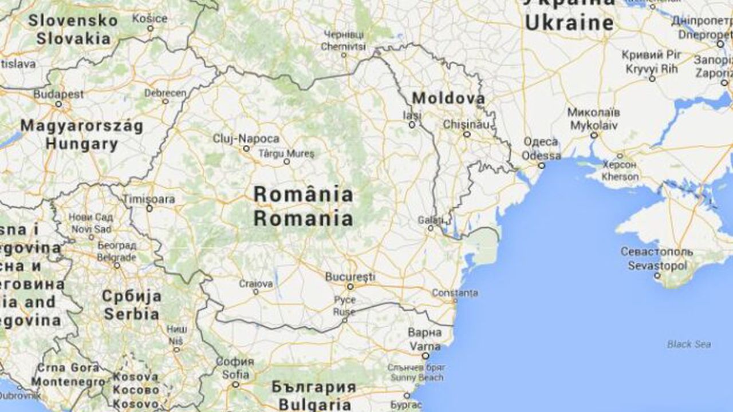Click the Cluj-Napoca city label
click(246, 139)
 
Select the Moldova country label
click(448, 98)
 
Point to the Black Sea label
click(689, 344)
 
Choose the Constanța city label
click(455, 293)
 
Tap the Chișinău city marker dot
click(467, 134)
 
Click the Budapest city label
click(58, 94)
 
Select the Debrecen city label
click(165, 93)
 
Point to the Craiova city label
click(256, 283)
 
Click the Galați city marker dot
click(431, 228)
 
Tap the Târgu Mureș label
click(286, 153)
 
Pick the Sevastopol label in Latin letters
click(657, 266)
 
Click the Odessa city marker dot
click(541, 165)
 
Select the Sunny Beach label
click(416, 378)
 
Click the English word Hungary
click(81, 144)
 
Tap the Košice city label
click(149, 19)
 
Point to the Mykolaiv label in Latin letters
click(594, 123)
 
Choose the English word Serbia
click(131, 314)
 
